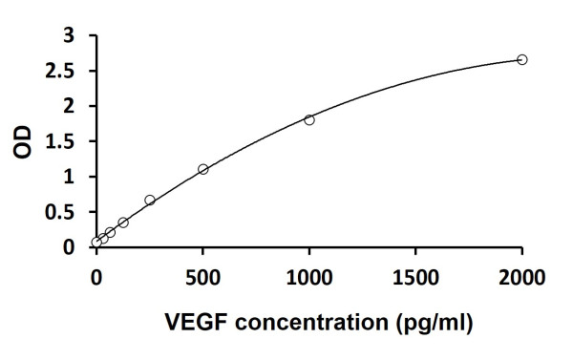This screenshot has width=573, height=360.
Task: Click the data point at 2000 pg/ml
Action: pos(521,60)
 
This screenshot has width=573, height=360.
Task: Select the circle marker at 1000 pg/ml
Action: pos(308,119)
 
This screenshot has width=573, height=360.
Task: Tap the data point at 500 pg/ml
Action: pos(202,169)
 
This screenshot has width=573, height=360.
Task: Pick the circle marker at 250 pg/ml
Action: pos(150,200)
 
